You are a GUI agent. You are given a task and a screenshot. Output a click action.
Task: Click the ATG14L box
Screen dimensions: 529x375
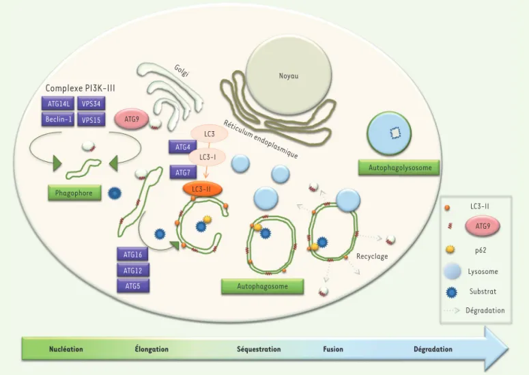[58, 104]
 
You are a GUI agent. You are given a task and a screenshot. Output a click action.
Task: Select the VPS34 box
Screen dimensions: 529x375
[91, 104]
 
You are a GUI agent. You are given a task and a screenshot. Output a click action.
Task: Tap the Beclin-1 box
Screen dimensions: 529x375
[58, 120]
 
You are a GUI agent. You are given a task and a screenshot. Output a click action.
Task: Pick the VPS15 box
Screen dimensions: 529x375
[91, 120]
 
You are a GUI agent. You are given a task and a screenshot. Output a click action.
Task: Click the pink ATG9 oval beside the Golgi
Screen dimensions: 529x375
[132, 119]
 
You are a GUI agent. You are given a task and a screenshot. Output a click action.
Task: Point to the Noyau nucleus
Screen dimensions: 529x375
[289, 76]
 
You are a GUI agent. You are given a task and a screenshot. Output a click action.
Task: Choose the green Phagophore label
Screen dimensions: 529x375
[74, 193]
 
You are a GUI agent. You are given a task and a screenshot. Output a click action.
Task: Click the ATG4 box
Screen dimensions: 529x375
[182, 147]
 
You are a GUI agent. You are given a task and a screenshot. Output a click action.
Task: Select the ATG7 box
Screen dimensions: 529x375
[183, 173]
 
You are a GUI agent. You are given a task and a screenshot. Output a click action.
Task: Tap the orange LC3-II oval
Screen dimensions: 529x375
[203, 189]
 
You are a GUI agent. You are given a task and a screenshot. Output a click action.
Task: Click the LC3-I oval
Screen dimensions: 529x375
[207, 157]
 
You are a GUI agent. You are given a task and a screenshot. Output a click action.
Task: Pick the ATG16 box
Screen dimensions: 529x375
[132, 255]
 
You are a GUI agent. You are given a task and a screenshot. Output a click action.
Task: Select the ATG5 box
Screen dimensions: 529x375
[133, 286]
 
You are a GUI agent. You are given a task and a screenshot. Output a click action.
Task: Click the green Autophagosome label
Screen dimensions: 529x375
[263, 286]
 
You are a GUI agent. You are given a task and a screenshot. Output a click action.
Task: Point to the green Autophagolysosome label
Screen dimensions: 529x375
[399, 167]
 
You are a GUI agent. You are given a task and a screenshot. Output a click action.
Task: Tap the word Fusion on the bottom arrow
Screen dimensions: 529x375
[333, 349]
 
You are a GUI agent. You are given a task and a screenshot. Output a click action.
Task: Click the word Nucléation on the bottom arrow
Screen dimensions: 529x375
[66, 349]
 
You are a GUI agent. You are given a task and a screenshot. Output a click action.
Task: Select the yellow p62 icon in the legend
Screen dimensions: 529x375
[451, 249]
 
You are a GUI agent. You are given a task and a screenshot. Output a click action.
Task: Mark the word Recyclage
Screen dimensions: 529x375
[372, 257]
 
